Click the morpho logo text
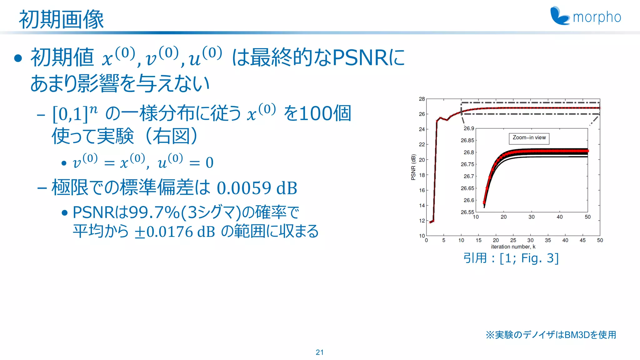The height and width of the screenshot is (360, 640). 597,17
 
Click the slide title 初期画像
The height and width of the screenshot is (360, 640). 61,19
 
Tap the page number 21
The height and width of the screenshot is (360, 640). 320,352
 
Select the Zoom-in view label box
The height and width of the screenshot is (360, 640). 529,138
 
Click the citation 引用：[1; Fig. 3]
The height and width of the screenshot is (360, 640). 511,258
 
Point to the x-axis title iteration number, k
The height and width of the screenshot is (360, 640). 513,247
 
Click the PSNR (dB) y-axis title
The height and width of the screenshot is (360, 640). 413,167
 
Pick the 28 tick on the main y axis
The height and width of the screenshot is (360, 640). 422,99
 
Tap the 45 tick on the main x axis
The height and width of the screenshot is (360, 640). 582,240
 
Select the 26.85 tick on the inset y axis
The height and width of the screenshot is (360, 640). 467,140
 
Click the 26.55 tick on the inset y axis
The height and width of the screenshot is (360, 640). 467,212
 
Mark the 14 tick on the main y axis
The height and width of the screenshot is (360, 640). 422,205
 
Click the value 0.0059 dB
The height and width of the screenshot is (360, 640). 257,188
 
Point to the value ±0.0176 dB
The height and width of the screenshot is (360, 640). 175,232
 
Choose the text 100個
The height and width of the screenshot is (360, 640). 325,113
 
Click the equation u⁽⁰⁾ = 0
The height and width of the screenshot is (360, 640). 186,162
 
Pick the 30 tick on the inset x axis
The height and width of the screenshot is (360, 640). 532,217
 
